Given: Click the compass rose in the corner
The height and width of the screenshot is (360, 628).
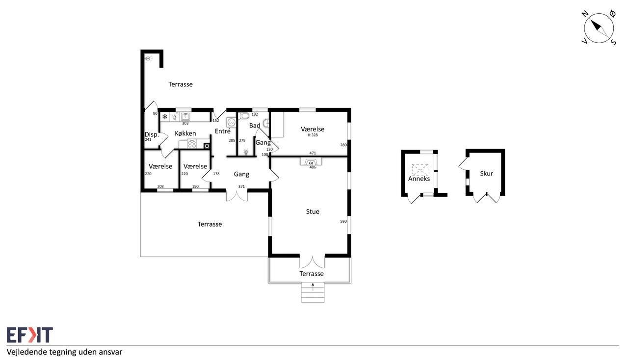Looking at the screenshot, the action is coord(599,28).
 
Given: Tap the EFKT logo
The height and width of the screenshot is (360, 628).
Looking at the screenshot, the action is coord(30,335).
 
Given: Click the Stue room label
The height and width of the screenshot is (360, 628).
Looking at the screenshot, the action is coord(313,212).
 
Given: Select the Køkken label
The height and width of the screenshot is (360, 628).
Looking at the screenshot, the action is coord(185,133).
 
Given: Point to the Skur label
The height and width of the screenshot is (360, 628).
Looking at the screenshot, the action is coord(486,174).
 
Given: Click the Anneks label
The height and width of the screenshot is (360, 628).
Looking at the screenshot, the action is coord(419,179).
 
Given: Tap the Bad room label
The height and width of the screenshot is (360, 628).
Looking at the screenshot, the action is coord(255,126).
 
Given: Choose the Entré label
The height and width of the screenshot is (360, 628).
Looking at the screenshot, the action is coord(223,131).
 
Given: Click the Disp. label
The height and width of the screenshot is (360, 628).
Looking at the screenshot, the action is coord(152,134).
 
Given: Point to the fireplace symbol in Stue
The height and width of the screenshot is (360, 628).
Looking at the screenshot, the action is coord(311,162).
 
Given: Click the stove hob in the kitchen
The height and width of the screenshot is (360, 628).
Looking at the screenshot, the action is coord(192,144).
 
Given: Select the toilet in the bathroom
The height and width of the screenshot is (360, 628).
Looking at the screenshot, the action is coord(244,116).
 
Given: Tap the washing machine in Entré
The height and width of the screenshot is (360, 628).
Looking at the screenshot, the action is coord(231,122).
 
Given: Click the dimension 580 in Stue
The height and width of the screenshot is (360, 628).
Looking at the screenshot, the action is coord(343,221).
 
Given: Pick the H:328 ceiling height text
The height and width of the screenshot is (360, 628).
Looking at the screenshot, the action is coord(313,135).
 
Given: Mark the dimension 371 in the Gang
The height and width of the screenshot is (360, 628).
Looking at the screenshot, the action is coord(241,186).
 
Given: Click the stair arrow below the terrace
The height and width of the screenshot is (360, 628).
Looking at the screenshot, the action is coord(313,287).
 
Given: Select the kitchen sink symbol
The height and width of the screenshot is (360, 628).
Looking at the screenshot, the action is coord(185,116).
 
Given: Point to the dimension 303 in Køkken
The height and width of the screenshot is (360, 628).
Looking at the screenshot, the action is coord(185,124).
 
